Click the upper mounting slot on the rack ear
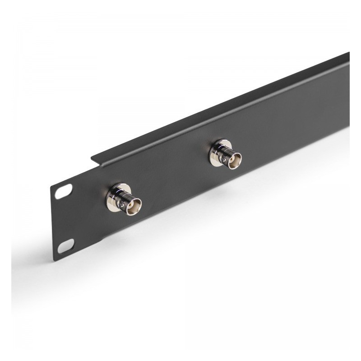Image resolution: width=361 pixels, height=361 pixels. coord(64,191)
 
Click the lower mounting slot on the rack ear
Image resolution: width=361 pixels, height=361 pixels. coord(66,245)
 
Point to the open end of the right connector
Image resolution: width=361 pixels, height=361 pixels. coord(234,160)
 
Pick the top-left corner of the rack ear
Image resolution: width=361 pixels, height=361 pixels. coord(51,185)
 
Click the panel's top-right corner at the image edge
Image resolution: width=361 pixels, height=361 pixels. coord(349,53)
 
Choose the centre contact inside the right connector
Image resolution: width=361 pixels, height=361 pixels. coord(235,161)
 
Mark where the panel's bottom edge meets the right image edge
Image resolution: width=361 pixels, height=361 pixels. coord(349,127)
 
